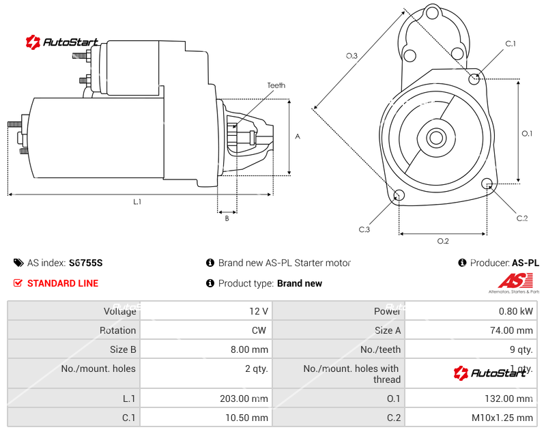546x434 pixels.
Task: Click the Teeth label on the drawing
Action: pos(276,85)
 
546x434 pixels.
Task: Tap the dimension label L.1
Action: pos(137,201)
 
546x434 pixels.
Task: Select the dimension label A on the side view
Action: pos(298,136)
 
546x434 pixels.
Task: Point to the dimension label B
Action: pos(227,218)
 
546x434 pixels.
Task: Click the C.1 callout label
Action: pos(510,44)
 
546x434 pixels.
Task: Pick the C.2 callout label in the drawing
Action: pos(522,218)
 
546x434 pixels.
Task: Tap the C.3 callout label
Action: pos(364,229)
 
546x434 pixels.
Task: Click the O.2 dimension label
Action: pos(442,241)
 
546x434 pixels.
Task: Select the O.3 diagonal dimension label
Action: pos(352,56)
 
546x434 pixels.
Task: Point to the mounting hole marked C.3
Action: pos(400,197)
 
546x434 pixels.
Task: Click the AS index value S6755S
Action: pos(86,263)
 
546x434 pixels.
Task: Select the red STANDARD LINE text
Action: pos(63,283)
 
